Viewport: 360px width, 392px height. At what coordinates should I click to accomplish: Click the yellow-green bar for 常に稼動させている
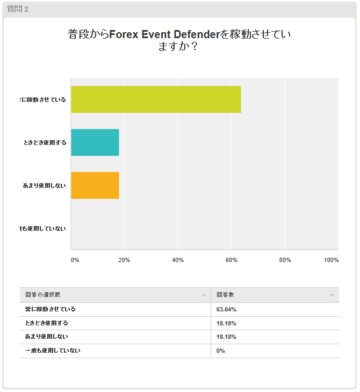[x=156, y=99]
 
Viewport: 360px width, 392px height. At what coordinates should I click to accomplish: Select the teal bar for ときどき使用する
[x=95, y=142]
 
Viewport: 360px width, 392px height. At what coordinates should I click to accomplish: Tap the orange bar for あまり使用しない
[x=95, y=185]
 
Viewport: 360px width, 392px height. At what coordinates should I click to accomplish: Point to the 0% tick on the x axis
[x=75, y=260]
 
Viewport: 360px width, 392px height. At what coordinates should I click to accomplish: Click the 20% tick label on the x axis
[x=124, y=260]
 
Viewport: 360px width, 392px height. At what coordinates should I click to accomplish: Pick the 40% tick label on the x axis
[x=178, y=260]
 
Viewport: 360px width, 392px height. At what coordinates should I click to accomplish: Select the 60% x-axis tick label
[x=232, y=260]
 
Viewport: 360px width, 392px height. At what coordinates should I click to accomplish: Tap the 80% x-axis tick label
[x=285, y=260]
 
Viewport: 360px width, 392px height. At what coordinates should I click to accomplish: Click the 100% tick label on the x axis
[x=331, y=260]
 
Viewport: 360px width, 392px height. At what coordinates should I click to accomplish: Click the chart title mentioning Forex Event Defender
[x=179, y=40]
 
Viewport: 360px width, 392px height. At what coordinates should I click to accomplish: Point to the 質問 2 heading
[x=18, y=9]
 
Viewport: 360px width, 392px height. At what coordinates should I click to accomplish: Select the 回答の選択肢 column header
[x=46, y=295]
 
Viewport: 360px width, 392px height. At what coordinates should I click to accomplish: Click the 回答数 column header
[x=225, y=295]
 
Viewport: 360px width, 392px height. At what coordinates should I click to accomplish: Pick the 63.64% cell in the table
[x=226, y=309]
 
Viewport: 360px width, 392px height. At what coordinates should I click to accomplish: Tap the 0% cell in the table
[x=221, y=351]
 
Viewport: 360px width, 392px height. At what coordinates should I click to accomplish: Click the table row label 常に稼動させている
[x=51, y=309]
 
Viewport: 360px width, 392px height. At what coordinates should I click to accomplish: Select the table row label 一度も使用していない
[x=53, y=351]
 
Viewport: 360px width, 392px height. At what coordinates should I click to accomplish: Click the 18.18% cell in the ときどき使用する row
[x=226, y=323]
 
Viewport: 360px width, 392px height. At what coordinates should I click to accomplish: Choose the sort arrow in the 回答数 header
[x=332, y=295]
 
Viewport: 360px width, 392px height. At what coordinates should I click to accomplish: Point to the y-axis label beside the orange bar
[x=45, y=185]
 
